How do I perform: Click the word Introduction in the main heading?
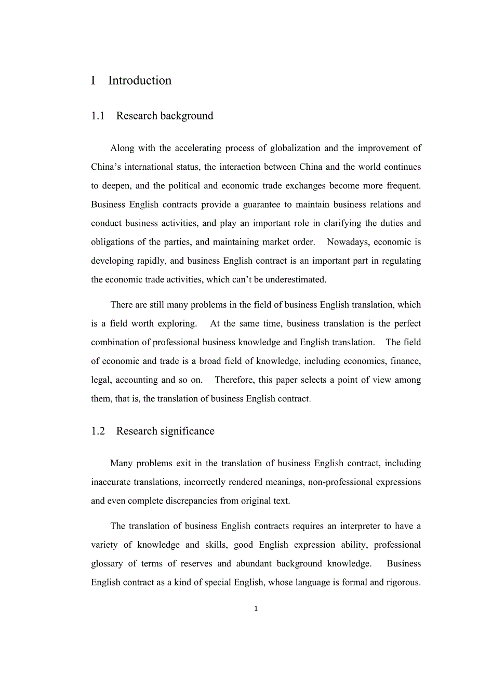click(140, 80)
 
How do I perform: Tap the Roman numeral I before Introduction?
click(93, 80)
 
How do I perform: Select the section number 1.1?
click(98, 116)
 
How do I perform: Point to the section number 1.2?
click(98, 431)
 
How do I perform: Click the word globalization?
click(295, 148)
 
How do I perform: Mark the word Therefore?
click(235, 380)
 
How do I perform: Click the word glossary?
click(107, 563)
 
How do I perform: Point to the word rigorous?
click(402, 582)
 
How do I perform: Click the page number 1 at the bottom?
click(256, 609)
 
